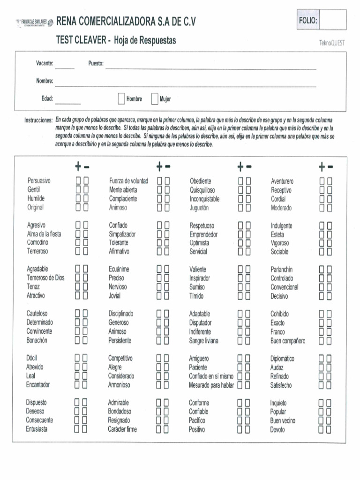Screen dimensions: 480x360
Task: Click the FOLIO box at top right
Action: [x=334, y=20]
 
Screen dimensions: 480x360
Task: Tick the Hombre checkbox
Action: [x=121, y=99]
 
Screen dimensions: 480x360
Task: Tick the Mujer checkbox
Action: [x=154, y=99]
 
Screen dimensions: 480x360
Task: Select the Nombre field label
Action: [x=45, y=81]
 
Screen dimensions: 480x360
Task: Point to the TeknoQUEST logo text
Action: [x=332, y=43]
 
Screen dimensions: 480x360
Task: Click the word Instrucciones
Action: [x=38, y=120]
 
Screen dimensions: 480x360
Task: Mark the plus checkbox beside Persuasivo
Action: [x=78, y=181]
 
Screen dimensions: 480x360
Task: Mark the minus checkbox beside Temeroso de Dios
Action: [x=85, y=278]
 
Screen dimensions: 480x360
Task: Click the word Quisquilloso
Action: [x=202, y=190]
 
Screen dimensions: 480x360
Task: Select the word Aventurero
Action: [x=282, y=181]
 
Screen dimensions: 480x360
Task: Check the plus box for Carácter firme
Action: [x=159, y=429]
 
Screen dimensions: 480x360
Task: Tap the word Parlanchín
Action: [x=281, y=270]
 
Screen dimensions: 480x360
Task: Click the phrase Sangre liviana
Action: [x=203, y=341]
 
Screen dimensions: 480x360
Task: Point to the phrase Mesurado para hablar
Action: [x=211, y=385]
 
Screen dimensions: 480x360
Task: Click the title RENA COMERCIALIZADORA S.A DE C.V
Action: [x=126, y=21]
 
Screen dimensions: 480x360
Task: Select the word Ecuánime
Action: [x=119, y=270]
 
